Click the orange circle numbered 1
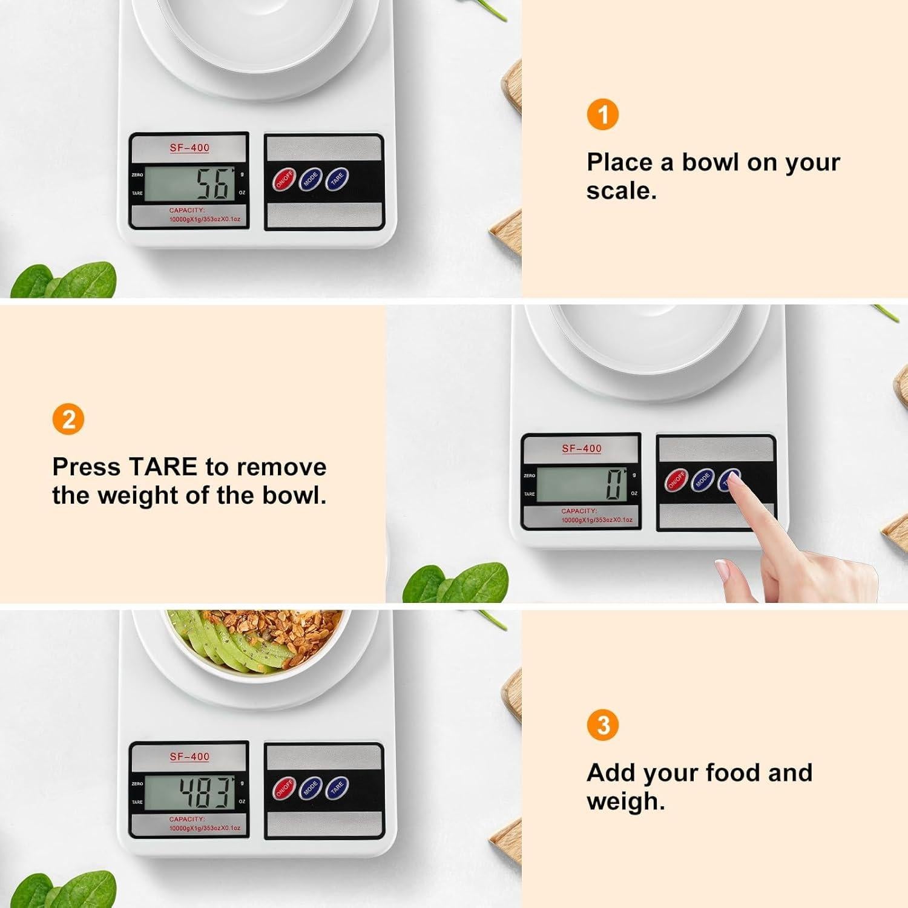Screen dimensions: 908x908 pos(602,114)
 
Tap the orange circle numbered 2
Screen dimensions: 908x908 pos(68,419)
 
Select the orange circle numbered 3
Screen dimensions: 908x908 pos(602,725)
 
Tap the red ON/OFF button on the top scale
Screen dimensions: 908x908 pos(284,180)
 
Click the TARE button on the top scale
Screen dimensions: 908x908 pos(337,179)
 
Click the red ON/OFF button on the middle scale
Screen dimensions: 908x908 pos(676,481)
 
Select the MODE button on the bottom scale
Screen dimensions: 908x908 pos(311,788)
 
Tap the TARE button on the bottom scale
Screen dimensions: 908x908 pos(337,788)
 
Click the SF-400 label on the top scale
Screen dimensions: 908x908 pos(189,148)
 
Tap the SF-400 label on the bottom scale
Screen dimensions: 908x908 pos(189,757)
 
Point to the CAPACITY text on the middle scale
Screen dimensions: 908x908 pos(579,512)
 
